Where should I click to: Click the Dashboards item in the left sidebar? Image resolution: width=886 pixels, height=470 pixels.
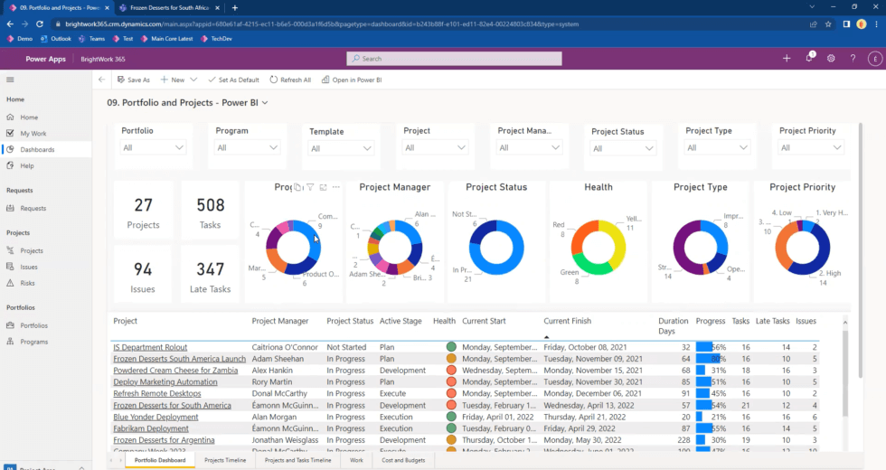tap(37, 149)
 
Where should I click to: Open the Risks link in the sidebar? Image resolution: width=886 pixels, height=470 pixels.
tap(29, 283)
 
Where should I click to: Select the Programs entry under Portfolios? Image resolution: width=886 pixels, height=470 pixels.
tap(34, 342)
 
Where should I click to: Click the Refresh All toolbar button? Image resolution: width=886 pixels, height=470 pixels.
tap(290, 80)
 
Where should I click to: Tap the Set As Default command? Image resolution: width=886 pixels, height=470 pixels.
tap(233, 80)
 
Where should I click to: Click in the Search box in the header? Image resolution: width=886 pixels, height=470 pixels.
tap(454, 59)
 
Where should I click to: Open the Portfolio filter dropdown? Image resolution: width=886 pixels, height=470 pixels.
tap(154, 147)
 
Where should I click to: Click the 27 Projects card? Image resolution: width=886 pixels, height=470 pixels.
tap(143, 211)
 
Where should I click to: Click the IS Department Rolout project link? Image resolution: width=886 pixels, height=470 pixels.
tap(150, 347)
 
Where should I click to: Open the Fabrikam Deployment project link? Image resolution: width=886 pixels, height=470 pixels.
tap(150, 428)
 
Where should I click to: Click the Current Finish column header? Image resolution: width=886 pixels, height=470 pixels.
tap(567, 321)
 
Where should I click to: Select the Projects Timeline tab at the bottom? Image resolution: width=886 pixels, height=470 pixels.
tap(225, 461)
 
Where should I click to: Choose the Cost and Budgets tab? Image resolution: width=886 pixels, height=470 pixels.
tap(403, 461)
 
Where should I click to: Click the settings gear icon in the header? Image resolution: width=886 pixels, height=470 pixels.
tap(831, 59)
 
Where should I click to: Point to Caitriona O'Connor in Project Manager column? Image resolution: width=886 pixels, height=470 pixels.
tap(285, 347)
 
